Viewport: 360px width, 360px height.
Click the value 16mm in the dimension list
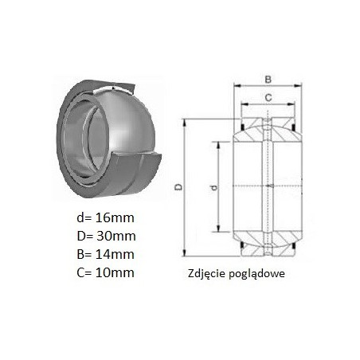[115, 217]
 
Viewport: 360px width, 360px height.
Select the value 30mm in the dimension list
[116, 236]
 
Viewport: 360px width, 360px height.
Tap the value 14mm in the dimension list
[115, 254]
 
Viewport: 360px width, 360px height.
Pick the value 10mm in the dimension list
[115, 272]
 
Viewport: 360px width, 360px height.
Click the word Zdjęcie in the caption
[206, 274]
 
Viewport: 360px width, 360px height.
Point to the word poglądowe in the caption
[256, 274]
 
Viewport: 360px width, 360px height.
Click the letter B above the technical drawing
[268, 80]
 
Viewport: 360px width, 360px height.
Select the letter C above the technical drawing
[268, 98]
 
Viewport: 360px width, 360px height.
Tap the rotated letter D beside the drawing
[179, 187]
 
